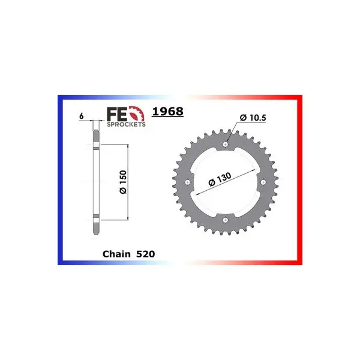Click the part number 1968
pos(167,112)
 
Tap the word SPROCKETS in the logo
pos(126,124)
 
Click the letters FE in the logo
pos(117,114)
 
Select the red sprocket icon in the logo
pos(137,113)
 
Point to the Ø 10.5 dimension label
pos(253,118)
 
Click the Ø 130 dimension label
pos(220,179)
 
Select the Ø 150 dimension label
pos(123,182)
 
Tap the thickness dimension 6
pos(81,116)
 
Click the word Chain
pos(116,254)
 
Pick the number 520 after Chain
pos(146,254)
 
